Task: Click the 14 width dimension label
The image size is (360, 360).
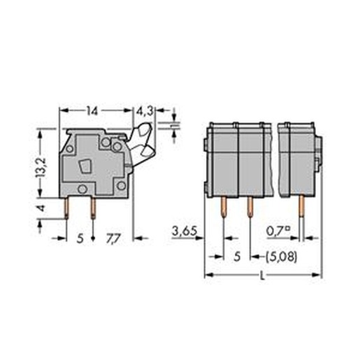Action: (92, 111)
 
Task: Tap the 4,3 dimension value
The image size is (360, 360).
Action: (145, 111)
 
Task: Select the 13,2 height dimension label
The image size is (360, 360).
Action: (41, 168)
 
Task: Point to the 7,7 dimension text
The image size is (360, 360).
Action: (113, 238)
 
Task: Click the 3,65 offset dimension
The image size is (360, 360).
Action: (185, 231)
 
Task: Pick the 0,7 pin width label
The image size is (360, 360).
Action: (278, 231)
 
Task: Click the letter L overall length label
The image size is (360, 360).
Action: (262, 276)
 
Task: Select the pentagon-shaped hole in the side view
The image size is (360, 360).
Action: (85, 166)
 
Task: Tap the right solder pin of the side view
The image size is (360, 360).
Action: (93, 208)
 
